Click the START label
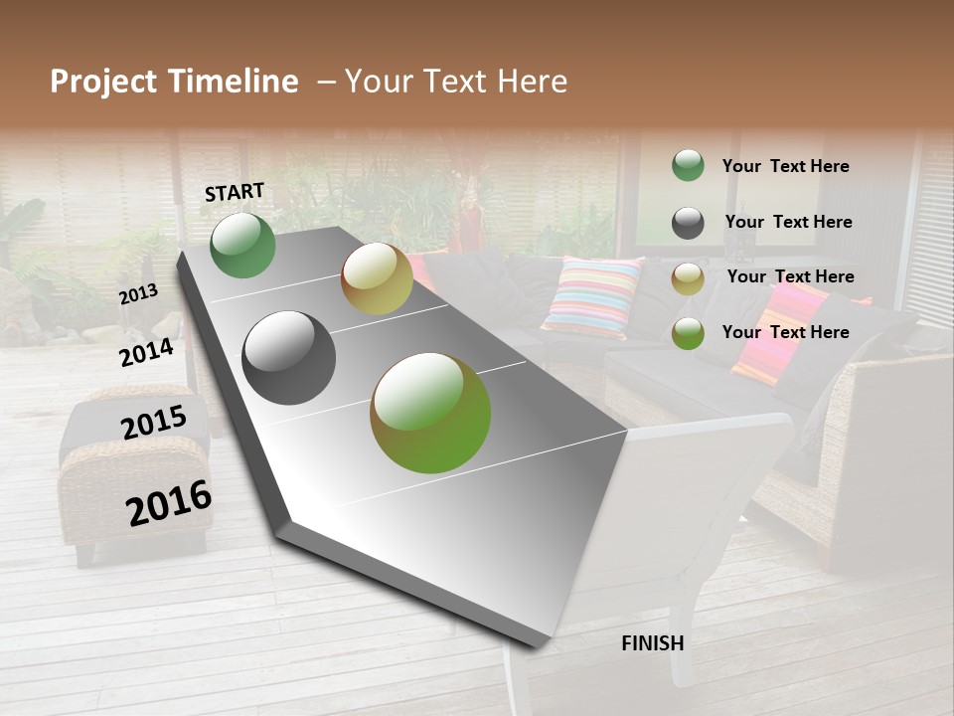pyautogui.click(x=235, y=192)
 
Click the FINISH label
pyautogui.click(x=652, y=643)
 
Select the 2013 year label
pyautogui.click(x=138, y=294)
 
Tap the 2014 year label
pyautogui.click(x=146, y=352)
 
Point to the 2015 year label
pyautogui.click(x=154, y=423)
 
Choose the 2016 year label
pyautogui.click(x=169, y=503)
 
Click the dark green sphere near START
pyautogui.click(x=243, y=246)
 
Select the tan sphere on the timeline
pyautogui.click(x=377, y=278)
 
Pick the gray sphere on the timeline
pyautogui.click(x=289, y=358)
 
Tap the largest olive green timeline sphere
pyautogui.click(x=430, y=413)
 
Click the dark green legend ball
pyautogui.click(x=688, y=166)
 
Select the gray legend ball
pyautogui.click(x=688, y=223)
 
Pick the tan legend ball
pyautogui.click(x=688, y=278)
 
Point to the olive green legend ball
pyautogui.click(x=688, y=333)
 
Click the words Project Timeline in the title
pyautogui.click(x=174, y=82)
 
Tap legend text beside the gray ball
pyautogui.click(x=788, y=222)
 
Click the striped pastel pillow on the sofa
pyautogui.click(x=592, y=296)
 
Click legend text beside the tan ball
pyautogui.click(x=790, y=276)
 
